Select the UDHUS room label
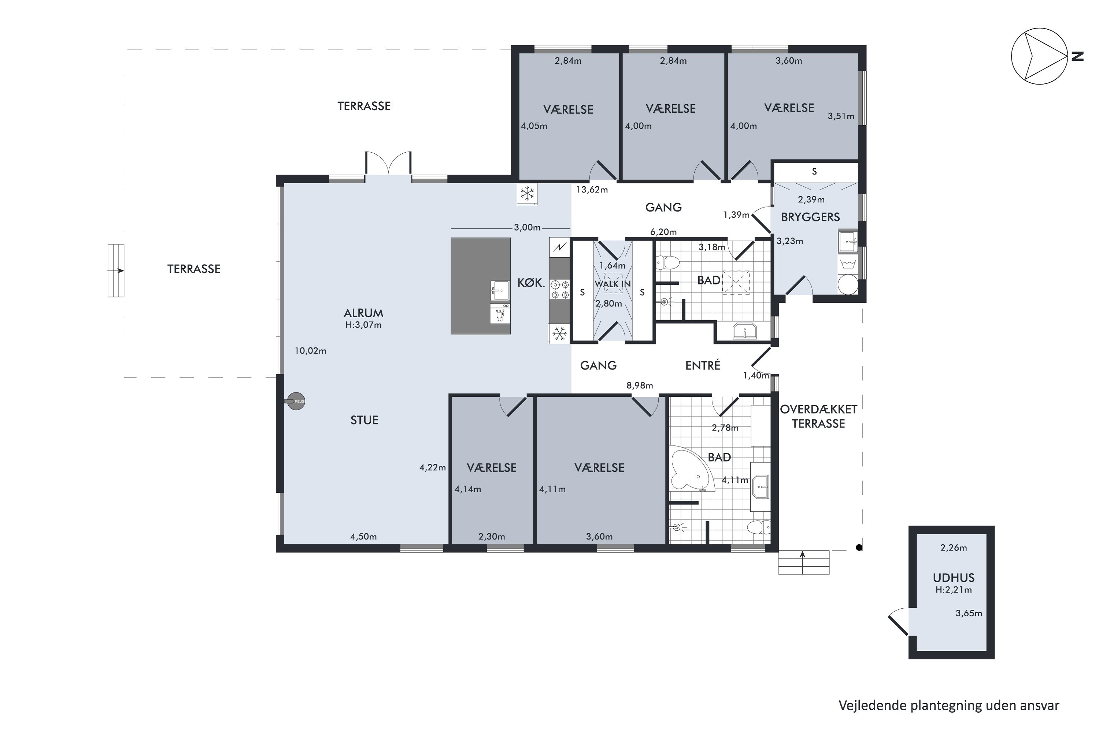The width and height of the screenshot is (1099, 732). point(954,578)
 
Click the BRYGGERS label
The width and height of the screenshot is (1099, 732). point(810,217)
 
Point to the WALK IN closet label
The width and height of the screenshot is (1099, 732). point(613,284)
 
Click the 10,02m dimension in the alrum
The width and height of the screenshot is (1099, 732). point(310,351)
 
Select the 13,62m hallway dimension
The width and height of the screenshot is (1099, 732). point(592,190)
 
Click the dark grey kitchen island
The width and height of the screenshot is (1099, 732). point(480,286)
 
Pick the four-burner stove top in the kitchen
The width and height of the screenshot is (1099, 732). point(559,289)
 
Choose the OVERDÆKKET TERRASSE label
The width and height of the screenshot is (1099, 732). point(819,417)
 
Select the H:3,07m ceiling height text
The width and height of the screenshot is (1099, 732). point(363,325)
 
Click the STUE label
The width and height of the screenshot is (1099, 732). point(365,420)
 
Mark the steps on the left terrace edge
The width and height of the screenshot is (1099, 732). point(116,271)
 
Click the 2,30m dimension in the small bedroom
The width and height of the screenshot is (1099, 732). point(492,537)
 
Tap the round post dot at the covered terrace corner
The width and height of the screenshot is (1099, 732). point(859,548)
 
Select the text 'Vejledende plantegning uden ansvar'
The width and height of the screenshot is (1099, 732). point(948,705)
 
